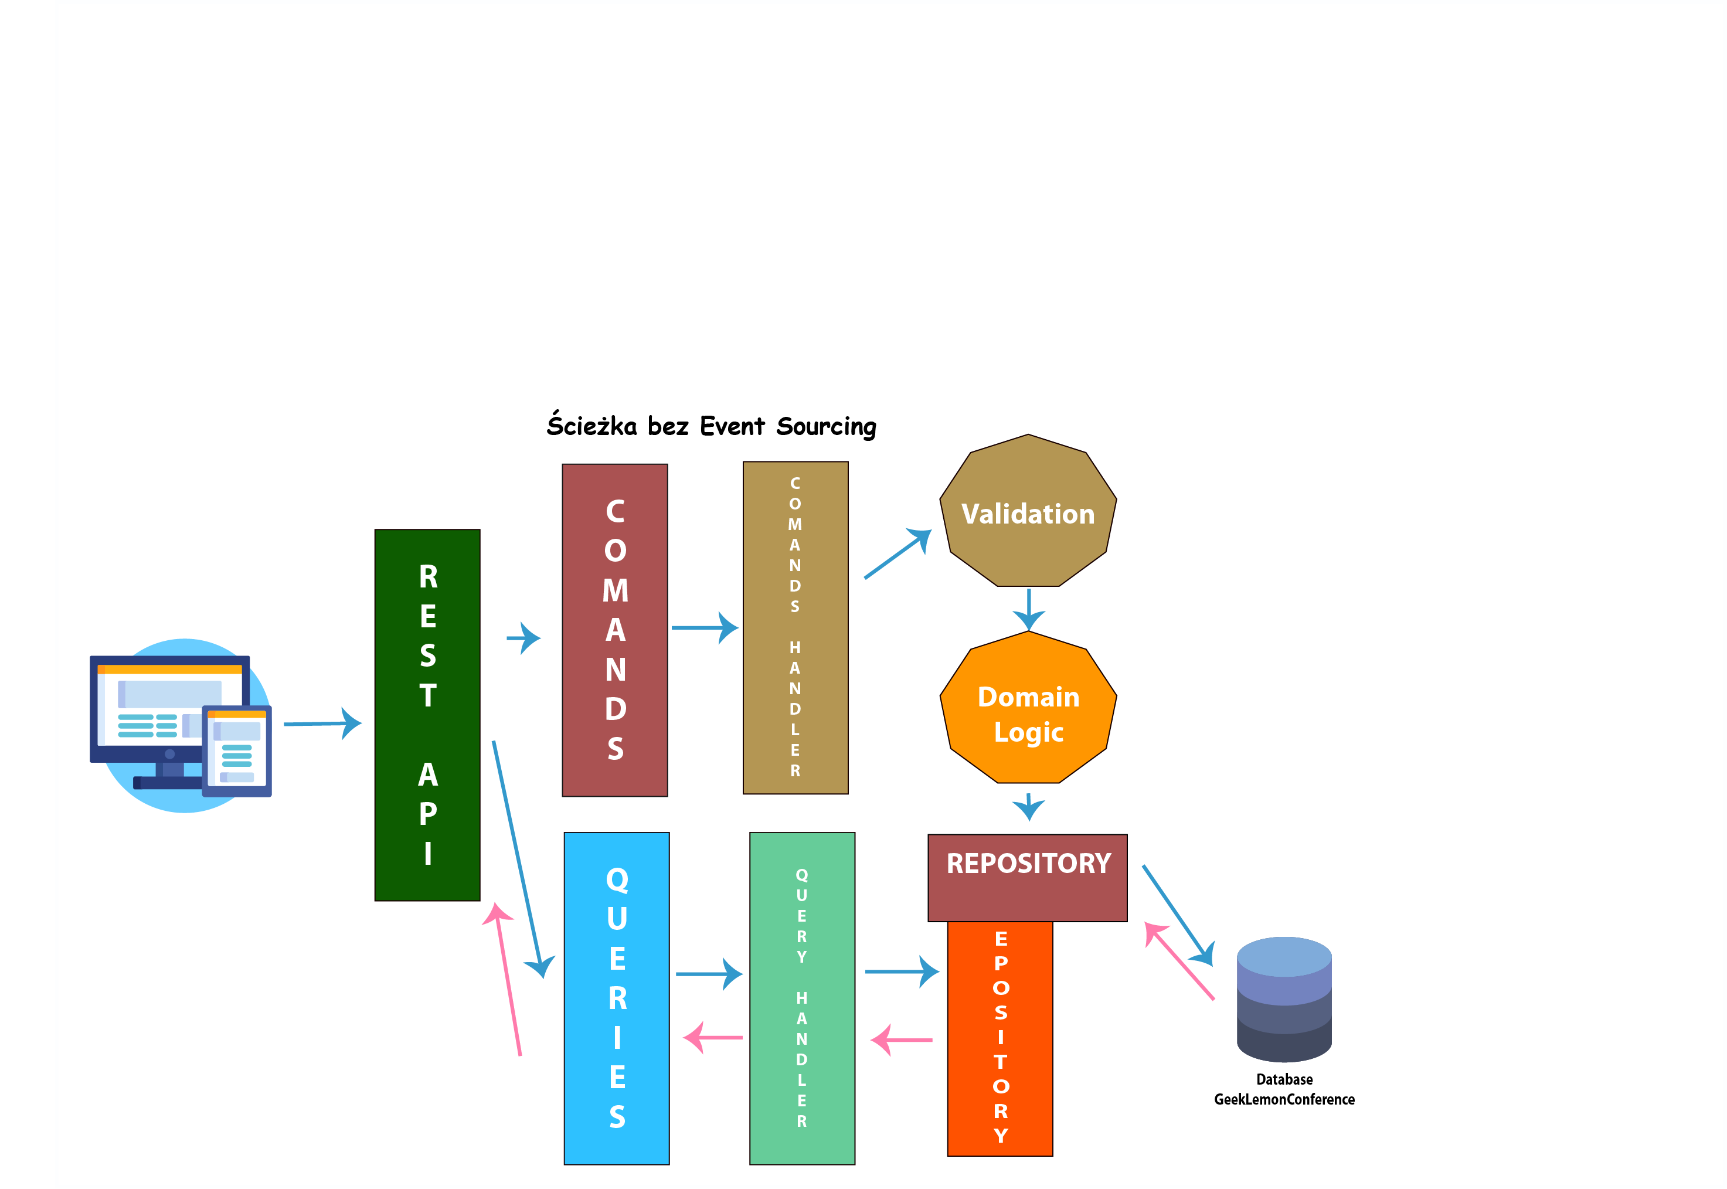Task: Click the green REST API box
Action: (x=427, y=715)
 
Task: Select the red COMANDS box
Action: (x=614, y=630)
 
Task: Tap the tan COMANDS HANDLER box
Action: (x=795, y=627)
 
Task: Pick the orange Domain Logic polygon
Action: (x=1028, y=707)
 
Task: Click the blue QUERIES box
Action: (x=617, y=998)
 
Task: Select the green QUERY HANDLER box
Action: (x=802, y=998)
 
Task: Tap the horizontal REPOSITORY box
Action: (x=1028, y=878)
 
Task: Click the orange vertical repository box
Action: (x=1000, y=1038)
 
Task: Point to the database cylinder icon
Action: (x=1284, y=999)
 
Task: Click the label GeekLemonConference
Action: (x=1284, y=1100)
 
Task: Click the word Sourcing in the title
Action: (x=826, y=427)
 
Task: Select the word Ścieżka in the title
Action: (x=592, y=424)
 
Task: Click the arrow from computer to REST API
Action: (x=322, y=723)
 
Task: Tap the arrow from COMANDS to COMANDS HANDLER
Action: (x=705, y=628)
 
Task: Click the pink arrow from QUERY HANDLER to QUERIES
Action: (x=713, y=1038)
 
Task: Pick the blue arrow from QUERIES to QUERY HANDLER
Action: (x=709, y=974)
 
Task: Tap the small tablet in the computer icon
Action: (x=237, y=751)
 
